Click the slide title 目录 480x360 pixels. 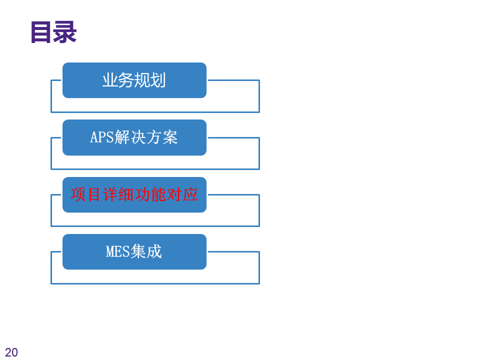53,32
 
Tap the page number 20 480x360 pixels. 11,352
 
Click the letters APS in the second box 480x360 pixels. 101,137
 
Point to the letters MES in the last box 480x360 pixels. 117,251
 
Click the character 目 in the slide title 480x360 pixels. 41,32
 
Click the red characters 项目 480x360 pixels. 86,194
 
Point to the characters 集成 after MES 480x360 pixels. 146,251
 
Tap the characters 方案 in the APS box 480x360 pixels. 161,137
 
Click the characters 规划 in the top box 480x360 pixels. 150,80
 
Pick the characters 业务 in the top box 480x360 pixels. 118,80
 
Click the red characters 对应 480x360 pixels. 182,194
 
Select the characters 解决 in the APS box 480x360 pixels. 130,137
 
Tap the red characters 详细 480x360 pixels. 118,194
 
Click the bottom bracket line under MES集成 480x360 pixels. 155,283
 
